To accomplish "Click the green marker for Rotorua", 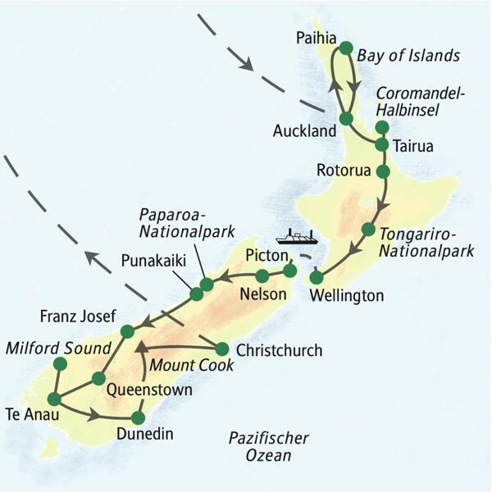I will pos(382,171).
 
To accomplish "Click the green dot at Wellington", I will pos(317,277).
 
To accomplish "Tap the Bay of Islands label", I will pos(408,55).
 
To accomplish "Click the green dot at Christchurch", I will pos(221,348).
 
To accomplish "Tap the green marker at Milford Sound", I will pos(59,363).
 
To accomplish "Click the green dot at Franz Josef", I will pos(127,331).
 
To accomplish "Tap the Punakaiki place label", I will pos(153,261).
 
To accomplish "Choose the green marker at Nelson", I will pos(262,276).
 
